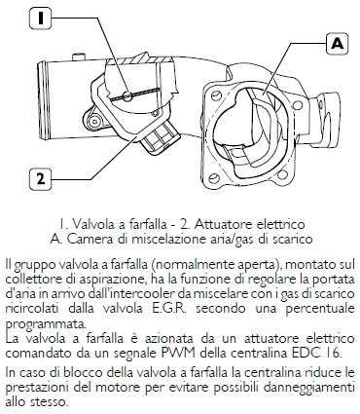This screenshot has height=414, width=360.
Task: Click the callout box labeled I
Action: point(41,18)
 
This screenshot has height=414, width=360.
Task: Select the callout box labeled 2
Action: point(41,179)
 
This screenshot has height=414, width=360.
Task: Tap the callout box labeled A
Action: point(338,44)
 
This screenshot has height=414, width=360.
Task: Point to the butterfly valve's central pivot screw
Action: point(127,95)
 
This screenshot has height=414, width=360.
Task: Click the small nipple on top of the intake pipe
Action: point(79,57)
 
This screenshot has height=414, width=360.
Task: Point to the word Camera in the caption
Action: point(86,239)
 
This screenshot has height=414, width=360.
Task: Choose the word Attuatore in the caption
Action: point(225,224)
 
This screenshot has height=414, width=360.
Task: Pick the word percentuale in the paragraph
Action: point(320,309)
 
